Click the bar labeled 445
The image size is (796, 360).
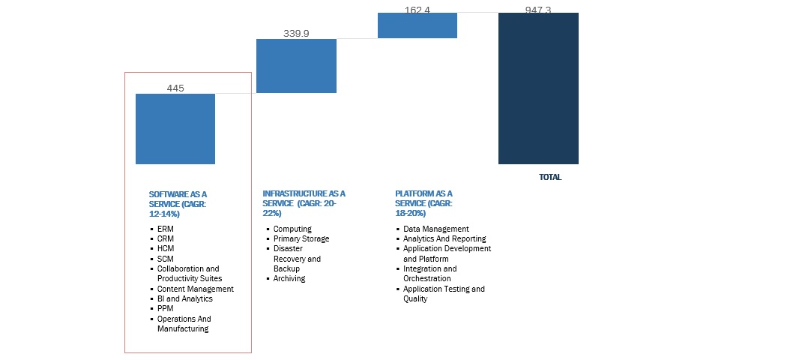click(x=175, y=128)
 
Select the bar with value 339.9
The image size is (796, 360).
click(x=296, y=66)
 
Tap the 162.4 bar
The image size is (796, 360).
click(x=417, y=25)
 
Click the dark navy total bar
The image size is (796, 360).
click(x=538, y=88)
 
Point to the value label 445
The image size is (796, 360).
click(x=175, y=88)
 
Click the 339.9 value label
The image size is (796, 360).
click(x=296, y=33)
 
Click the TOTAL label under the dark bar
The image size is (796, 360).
click(x=550, y=178)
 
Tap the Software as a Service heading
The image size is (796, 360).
click(x=178, y=203)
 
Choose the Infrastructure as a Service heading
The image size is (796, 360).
click(x=304, y=203)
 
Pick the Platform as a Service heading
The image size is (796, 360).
click(x=424, y=203)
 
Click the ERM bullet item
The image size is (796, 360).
click(x=165, y=229)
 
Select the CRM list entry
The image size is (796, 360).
click(x=166, y=238)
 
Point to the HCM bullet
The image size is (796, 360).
click(x=166, y=248)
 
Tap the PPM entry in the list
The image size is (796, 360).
click(x=166, y=308)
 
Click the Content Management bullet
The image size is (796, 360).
click(x=195, y=289)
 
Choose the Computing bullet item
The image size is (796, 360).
click(x=292, y=229)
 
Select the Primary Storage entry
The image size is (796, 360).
click(x=301, y=238)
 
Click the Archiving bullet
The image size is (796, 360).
click(x=289, y=278)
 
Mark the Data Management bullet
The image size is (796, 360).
click(x=435, y=229)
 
